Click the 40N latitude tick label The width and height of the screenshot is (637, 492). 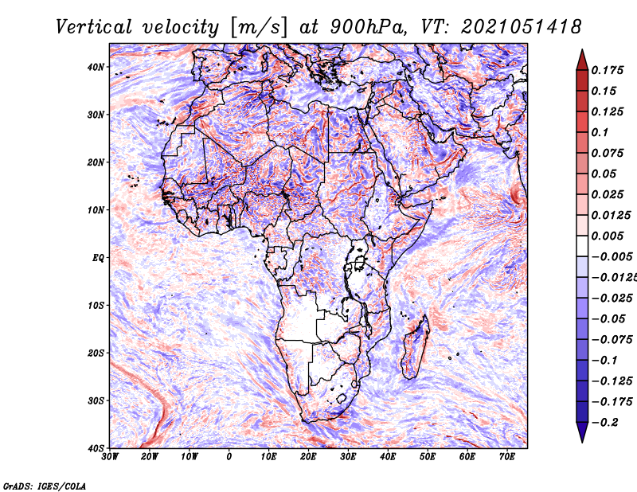tap(95, 67)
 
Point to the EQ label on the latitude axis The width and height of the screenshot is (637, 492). tap(98, 258)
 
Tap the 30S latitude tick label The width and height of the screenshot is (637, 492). tap(95, 400)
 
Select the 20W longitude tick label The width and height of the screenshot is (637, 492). tap(149, 457)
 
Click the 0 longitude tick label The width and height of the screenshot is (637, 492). tap(229, 457)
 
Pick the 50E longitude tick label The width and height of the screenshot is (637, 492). tap(428, 457)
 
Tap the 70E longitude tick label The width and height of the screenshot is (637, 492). tap(507, 457)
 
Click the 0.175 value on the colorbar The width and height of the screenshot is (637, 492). tap(607, 70)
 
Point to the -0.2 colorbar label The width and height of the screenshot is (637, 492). tap(604, 423)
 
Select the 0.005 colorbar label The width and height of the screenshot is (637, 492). tap(607, 236)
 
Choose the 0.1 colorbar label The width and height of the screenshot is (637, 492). tap(600, 132)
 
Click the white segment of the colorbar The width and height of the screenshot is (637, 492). tap(582, 246)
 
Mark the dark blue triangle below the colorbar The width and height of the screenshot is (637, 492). tap(582, 431)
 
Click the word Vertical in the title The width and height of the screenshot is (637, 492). tap(94, 27)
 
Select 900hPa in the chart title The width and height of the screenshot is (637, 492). tap(367, 27)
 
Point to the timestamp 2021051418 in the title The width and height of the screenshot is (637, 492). tap(521, 27)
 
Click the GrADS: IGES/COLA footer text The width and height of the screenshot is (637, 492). tap(45, 486)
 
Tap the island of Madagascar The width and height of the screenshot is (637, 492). tap(415, 346)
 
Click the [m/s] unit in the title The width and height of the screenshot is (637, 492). tap(258, 27)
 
